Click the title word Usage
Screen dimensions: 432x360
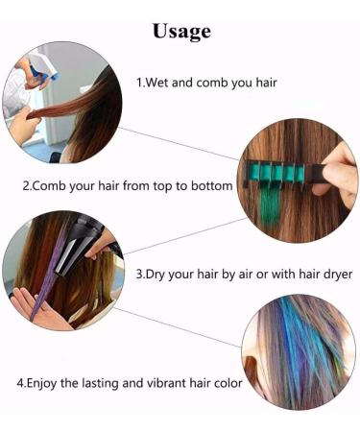[x=180, y=31]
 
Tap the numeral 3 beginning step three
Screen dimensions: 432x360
[x=138, y=273]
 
